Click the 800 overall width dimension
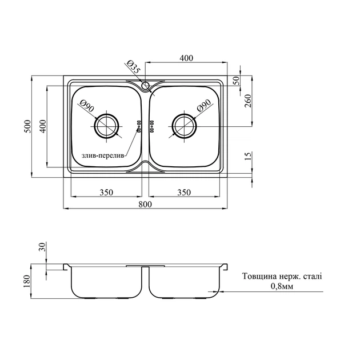pos(145,204)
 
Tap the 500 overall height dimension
pos(28,126)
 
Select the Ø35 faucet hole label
pos(133,67)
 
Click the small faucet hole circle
pos(145,86)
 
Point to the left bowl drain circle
pos(107,126)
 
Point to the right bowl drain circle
pos(185,126)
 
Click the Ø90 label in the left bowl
pos(86,106)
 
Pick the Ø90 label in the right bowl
pos(204,106)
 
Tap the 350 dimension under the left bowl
pos(106,192)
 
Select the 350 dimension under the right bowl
pos(184,192)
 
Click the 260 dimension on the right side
pos(248,101)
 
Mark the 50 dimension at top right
pos(237,81)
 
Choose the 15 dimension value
pos(248,156)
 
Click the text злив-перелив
pos(103,155)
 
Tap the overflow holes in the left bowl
pos(139,126)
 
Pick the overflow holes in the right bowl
pos(152,126)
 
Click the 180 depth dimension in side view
pos(27,281)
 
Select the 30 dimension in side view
pos(43,247)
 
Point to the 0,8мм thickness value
pos(282,286)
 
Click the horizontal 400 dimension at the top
pos(186,58)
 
